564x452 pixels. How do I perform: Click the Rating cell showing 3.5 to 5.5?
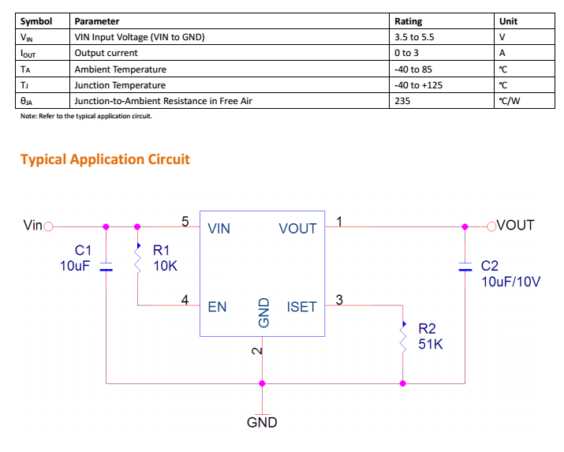[414, 37]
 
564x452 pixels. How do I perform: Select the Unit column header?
[508, 21]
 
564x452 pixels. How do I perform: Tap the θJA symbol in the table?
[28, 101]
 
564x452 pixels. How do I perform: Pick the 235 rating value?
[403, 101]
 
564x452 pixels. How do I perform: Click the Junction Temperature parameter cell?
[120, 85]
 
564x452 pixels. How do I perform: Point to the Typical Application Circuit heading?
[105, 159]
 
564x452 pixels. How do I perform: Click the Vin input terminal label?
[33, 226]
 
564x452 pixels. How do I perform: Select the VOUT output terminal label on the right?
[516, 225]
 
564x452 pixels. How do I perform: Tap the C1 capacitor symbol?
[106, 267]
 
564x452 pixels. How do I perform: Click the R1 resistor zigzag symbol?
[138, 258]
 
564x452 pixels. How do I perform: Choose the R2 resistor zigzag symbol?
[403, 337]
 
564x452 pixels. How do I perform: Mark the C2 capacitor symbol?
[465, 266]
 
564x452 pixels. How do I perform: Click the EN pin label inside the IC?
[217, 307]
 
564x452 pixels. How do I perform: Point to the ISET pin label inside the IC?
[301, 307]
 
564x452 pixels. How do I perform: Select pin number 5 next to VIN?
[185, 221]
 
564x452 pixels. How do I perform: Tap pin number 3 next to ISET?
[339, 299]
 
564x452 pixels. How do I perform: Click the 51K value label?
[431, 345]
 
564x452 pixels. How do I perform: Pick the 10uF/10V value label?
[510, 281]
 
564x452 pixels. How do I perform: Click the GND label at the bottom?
[262, 422]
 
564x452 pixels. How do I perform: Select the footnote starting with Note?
[86, 116]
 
